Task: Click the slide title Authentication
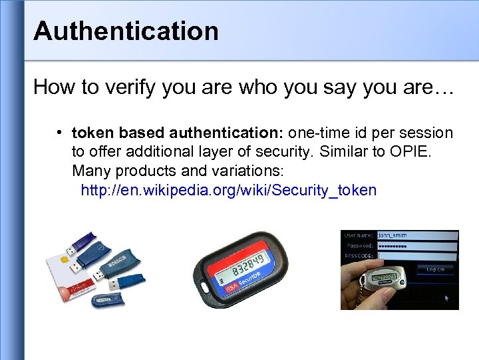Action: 126,31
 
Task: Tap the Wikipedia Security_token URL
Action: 228,191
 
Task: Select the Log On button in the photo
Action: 435,269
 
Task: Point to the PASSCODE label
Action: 358,255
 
